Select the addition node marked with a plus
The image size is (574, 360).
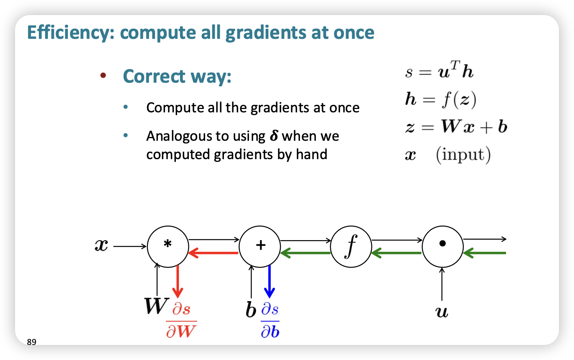[x=260, y=246]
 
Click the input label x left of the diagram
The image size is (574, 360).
[x=102, y=246]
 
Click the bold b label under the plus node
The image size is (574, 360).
[x=251, y=310]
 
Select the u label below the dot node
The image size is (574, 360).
[x=442, y=312]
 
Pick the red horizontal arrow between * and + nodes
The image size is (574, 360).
[x=213, y=253]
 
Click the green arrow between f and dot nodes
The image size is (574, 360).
[x=396, y=253]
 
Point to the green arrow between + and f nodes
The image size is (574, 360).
[x=305, y=253]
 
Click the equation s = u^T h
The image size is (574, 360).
[x=439, y=72]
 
